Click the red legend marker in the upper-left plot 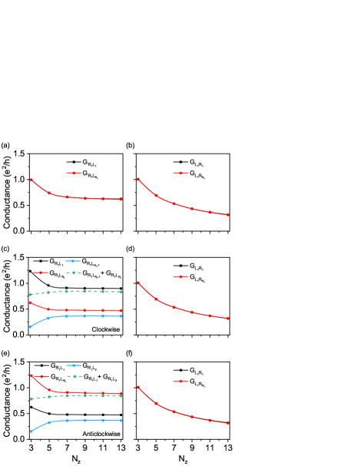coord(74,173)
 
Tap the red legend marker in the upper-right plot coord(180,173)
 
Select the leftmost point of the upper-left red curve coord(31,180)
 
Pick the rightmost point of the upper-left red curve coord(121,200)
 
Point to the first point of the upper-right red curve coord(138,179)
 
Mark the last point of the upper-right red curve coord(228,215)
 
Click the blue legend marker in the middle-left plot coord(73,261)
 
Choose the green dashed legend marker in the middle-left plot coord(73,273)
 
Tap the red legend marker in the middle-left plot coord(41,273)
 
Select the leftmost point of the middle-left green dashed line coord(31,294)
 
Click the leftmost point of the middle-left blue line coord(31,327)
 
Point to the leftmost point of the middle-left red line coord(31,302)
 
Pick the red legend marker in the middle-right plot coord(180,276)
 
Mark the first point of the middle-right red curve coord(138,283)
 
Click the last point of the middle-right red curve coord(228,319)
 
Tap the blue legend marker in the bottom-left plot coord(73,365)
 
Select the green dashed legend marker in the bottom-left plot coord(73,376)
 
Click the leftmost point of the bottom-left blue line coord(31,431)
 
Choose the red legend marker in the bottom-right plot coord(180,381)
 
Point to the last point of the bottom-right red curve coord(228,423)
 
